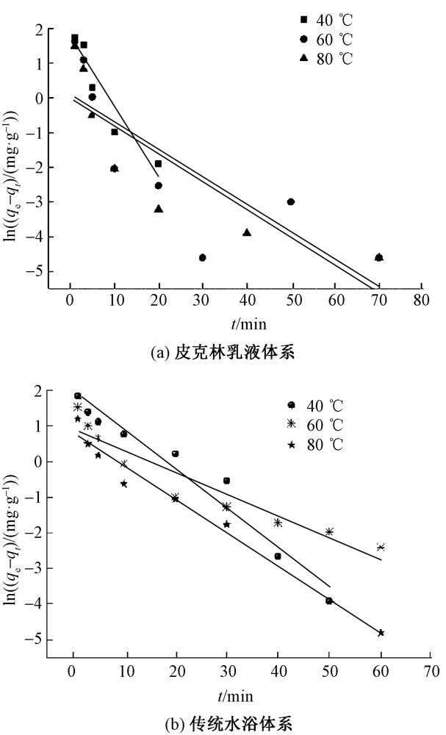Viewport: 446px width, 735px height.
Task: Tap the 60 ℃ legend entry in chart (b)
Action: pos(317,424)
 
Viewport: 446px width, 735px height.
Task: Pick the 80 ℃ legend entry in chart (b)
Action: pos(317,444)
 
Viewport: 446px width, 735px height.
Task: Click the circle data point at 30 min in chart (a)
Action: pos(202,257)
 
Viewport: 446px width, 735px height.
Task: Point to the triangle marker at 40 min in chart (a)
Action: pos(247,232)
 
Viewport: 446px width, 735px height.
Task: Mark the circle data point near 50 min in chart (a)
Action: pos(291,201)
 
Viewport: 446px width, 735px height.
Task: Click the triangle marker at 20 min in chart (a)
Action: pos(159,209)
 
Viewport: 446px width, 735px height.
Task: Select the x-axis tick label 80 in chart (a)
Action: pos(420,300)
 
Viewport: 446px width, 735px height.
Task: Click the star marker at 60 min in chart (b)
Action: pos(381,633)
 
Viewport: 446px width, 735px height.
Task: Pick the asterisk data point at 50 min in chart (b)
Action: pos(329,531)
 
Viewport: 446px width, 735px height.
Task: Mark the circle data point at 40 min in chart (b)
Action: pos(278,556)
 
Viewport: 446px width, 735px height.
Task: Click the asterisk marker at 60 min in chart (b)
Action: pos(381,547)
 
